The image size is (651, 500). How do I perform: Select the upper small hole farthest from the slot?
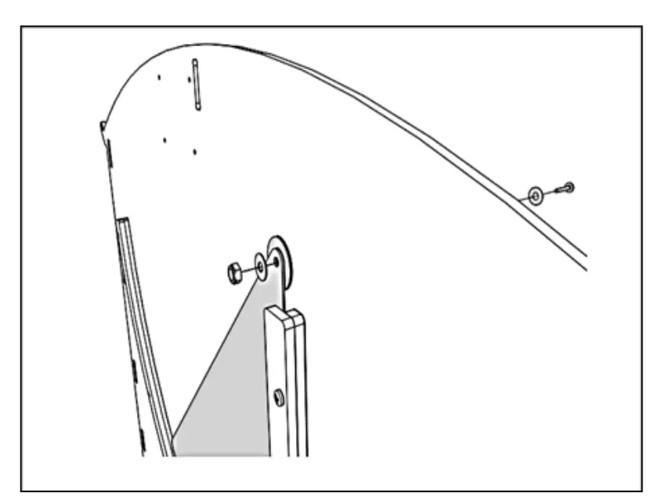(x=159, y=77)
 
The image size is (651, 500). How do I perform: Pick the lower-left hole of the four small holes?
(x=165, y=141)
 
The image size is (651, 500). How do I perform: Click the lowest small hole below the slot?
(x=194, y=151)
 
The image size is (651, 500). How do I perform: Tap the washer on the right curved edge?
(x=536, y=195)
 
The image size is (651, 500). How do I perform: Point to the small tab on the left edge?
(x=103, y=126)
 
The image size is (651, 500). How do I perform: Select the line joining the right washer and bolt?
(x=551, y=191)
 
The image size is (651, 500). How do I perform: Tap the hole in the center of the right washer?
(x=536, y=195)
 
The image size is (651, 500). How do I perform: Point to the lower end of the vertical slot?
(x=197, y=108)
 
